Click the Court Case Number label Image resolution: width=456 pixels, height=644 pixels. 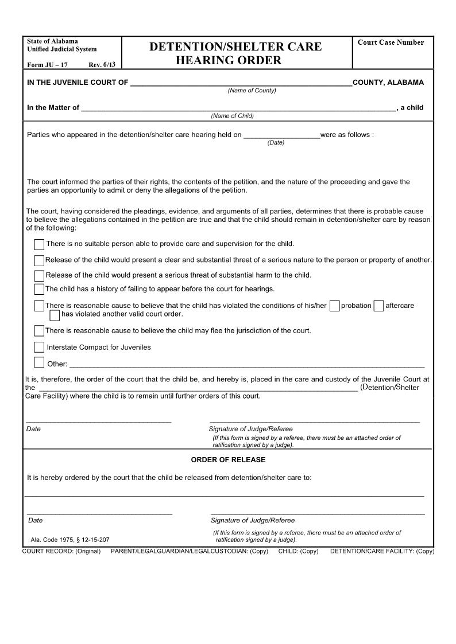(x=391, y=42)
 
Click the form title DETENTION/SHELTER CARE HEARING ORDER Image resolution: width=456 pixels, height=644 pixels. (x=235, y=53)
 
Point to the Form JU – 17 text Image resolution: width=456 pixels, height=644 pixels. (x=47, y=65)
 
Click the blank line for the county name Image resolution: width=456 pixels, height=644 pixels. (x=241, y=83)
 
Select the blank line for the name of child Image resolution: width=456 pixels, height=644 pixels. (x=238, y=108)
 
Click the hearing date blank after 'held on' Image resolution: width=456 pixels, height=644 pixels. (x=281, y=136)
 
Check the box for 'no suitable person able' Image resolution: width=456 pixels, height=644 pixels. (x=39, y=245)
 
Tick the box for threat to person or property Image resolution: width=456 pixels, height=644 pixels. (x=39, y=261)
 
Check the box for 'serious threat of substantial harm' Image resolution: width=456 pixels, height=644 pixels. (x=39, y=276)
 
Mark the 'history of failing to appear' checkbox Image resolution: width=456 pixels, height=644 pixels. (x=39, y=290)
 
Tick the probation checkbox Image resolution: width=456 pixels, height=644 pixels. (x=335, y=306)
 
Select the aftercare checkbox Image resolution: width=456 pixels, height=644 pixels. (x=378, y=306)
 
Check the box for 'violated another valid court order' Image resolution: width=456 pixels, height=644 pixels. (x=55, y=315)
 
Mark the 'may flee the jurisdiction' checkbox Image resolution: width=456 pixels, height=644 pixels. (x=39, y=331)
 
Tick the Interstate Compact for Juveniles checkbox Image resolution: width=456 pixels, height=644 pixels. (x=39, y=348)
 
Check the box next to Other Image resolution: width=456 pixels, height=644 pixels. (x=39, y=362)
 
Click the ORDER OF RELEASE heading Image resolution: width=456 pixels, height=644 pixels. (x=228, y=460)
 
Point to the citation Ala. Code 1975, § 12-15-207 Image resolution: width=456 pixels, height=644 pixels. (x=70, y=540)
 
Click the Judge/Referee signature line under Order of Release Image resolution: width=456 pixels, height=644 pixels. (x=318, y=512)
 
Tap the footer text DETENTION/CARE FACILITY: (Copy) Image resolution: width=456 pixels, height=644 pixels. (x=382, y=551)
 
